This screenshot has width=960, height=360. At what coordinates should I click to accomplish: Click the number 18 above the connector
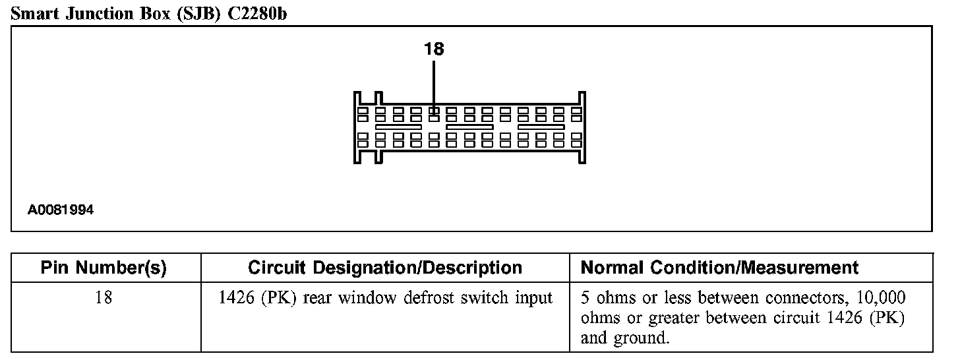434,49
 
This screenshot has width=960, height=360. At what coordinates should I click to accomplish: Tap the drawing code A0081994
61,210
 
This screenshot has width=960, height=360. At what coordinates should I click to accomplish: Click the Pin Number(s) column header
104,268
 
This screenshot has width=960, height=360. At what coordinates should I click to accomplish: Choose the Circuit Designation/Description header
385,268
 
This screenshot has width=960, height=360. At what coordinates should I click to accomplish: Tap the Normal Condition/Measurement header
719,268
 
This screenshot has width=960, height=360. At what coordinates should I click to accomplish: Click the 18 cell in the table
104,298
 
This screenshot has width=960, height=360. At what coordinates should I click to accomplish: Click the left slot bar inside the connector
398,125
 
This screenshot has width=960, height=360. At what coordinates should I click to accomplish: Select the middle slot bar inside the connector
469,125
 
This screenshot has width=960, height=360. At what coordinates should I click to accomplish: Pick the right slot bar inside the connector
541,125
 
